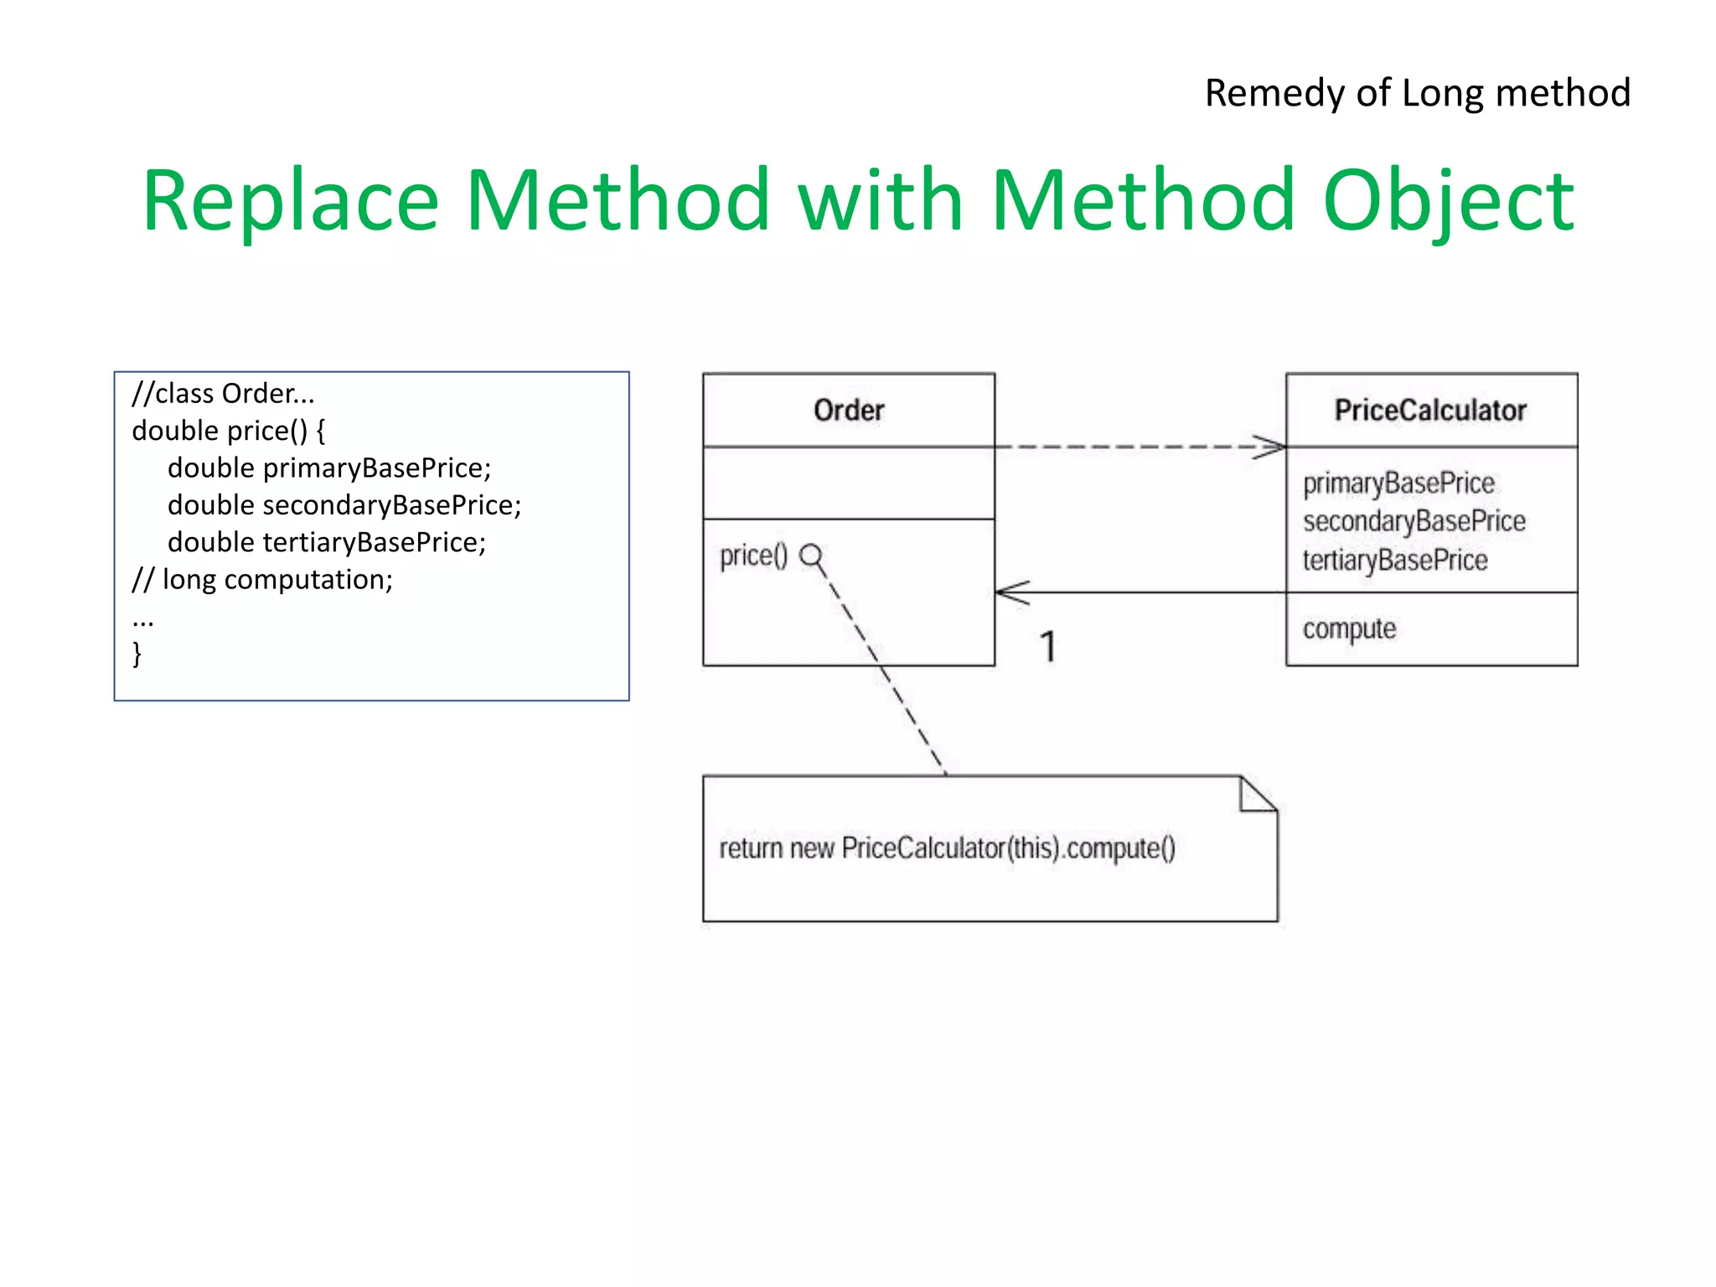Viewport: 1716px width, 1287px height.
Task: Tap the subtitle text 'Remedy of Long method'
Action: click(x=1417, y=93)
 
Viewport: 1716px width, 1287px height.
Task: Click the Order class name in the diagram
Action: click(x=848, y=411)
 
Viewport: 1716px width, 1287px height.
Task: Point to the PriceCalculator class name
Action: click(x=1430, y=411)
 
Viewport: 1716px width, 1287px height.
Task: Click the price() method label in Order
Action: click(x=753, y=556)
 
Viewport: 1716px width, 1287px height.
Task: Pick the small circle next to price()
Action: click(x=810, y=555)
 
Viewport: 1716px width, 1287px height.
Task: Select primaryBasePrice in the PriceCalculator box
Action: click(x=1398, y=483)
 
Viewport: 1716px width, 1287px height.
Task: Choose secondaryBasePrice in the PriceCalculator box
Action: click(x=1414, y=521)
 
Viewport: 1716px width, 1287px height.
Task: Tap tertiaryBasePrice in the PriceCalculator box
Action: click(x=1395, y=560)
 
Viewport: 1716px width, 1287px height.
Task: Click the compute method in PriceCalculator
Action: click(x=1349, y=629)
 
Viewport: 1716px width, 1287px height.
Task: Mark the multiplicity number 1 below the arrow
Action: click(x=1047, y=647)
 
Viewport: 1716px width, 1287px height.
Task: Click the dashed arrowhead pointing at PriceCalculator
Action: click(x=1270, y=447)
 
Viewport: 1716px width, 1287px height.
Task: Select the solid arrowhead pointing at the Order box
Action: click(x=1011, y=592)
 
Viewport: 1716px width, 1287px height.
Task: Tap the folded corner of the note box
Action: click(x=1256, y=795)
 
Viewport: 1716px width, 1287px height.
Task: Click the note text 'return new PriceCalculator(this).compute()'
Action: click(x=947, y=849)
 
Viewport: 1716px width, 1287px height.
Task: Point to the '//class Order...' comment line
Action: click(x=223, y=394)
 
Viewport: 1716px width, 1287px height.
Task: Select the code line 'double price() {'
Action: click(x=228, y=431)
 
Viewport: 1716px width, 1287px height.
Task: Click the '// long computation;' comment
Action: click(x=262, y=580)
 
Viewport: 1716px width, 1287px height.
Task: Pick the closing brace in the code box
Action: click(x=137, y=654)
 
